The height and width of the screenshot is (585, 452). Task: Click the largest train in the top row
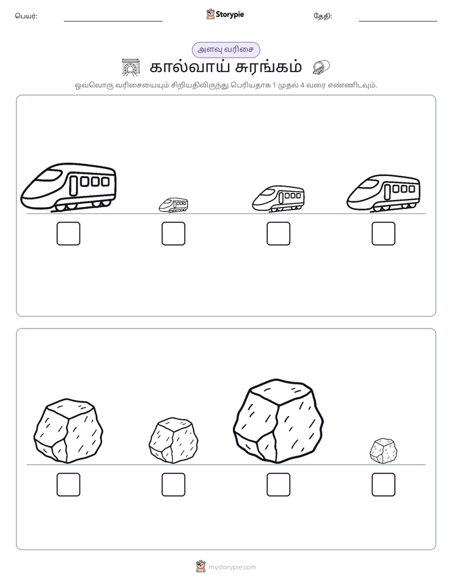tap(68, 187)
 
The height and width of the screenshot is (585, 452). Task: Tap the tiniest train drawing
tap(173, 205)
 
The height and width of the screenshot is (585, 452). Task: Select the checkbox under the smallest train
tap(173, 234)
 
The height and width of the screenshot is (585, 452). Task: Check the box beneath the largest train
tap(68, 234)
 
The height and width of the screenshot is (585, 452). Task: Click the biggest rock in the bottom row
tap(278, 421)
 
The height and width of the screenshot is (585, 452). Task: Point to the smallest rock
tap(384, 451)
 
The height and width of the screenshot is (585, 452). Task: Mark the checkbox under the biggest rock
tap(278, 484)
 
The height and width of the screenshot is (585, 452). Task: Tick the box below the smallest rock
tap(384, 484)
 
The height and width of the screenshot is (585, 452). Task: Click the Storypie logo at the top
tap(225, 15)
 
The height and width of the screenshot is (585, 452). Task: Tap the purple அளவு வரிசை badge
tap(225, 49)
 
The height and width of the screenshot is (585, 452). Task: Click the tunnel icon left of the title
tap(130, 67)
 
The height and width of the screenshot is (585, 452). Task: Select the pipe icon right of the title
tap(321, 67)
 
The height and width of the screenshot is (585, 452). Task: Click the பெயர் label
tap(26, 16)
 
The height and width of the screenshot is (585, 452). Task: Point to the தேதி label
tap(323, 16)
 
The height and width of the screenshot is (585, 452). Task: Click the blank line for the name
tap(113, 22)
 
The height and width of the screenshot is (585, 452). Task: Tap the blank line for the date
tap(398, 22)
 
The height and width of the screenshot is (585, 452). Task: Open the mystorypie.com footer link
tap(232, 567)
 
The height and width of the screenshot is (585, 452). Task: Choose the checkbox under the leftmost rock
tap(68, 484)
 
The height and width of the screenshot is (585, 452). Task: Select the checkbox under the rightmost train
tap(384, 234)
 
